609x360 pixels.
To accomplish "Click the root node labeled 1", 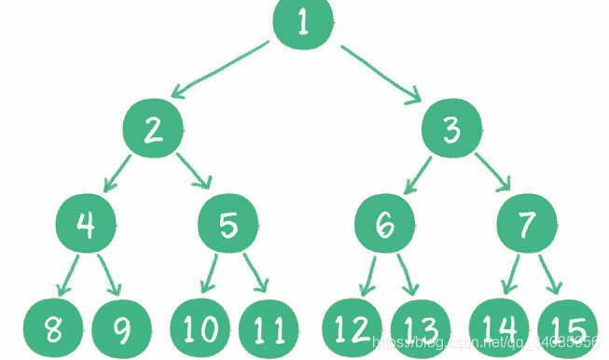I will (303, 22).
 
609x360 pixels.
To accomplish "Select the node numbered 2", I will (154, 130).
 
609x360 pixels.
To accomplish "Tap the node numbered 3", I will (452, 130).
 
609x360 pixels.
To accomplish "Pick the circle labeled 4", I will (86, 226).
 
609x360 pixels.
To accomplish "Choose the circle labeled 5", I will (229, 226).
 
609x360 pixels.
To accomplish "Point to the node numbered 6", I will (385, 226).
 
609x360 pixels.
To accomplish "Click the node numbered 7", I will (528, 226).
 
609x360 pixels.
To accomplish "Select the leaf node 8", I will (52, 329).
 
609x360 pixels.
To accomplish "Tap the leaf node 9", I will (121, 329).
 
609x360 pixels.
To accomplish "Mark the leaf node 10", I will (200, 329).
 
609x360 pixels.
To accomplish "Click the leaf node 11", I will (269, 329).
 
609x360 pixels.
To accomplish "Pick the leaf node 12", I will (353, 329).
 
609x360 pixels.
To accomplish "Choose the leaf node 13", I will (421, 329).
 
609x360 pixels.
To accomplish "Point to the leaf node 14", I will (498, 329).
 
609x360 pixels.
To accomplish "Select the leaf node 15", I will (567, 329).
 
